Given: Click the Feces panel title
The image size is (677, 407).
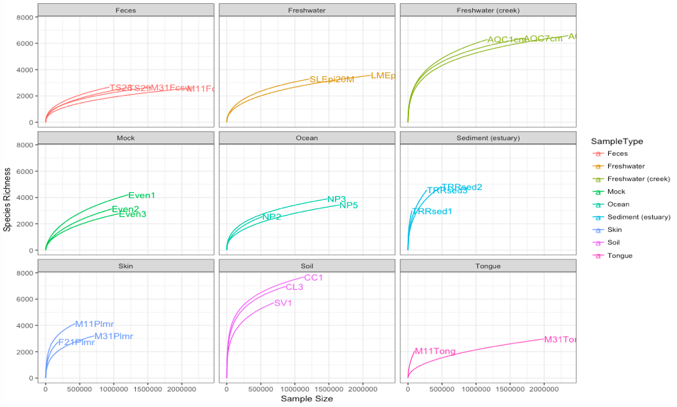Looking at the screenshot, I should tap(126, 10).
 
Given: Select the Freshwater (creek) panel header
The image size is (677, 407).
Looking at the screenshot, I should tap(488, 10).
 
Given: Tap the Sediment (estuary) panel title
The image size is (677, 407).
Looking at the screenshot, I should tap(488, 138).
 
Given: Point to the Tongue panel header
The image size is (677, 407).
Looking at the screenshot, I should tap(488, 266).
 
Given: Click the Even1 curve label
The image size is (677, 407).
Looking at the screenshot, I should tap(142, 195).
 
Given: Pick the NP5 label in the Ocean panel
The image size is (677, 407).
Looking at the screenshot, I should tap(349, 205).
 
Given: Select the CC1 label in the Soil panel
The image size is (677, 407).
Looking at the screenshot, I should tap(313, 278).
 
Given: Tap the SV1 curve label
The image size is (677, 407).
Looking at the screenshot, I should tap(283, 303).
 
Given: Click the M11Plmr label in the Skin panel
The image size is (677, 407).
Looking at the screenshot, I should tap(95, 324).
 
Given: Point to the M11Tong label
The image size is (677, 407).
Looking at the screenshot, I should tap(435, 352).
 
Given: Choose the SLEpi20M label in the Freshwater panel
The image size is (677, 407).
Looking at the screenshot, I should tap(332, 79).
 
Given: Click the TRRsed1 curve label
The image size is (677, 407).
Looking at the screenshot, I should tap(432, 212).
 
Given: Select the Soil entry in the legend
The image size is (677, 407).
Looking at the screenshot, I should tap(614, 243).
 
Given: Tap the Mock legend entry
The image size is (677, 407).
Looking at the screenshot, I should tap(616, 192).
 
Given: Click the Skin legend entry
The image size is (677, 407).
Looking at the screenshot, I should tap(614, 230).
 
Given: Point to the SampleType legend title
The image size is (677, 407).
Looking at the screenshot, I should tap(613, 141).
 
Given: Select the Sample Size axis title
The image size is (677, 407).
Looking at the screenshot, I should tap(307, 399).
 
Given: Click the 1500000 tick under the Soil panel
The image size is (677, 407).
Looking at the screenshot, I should tap(328, 389).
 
